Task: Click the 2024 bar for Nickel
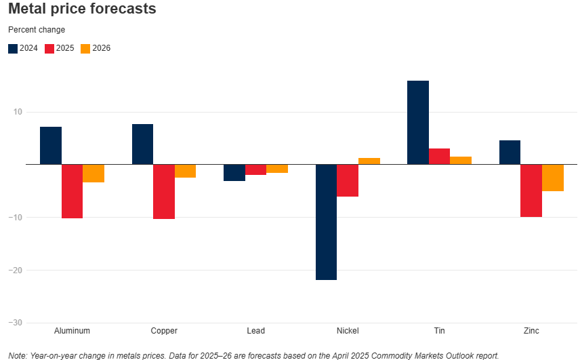(327, 222)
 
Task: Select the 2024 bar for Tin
(418, 123)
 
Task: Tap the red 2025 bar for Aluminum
(72, 191)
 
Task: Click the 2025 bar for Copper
(164, 192)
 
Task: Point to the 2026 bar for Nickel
(369, 161)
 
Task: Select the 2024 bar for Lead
(234, 173)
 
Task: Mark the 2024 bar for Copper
(142, 144)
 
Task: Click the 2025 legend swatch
(49, 49)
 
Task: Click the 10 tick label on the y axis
(18, 112)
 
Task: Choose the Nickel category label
(348, 331)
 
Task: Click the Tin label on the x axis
(440, 331)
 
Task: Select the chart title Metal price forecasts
(82, 9)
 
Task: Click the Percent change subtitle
(37, 30)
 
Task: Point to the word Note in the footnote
(17, 355)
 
